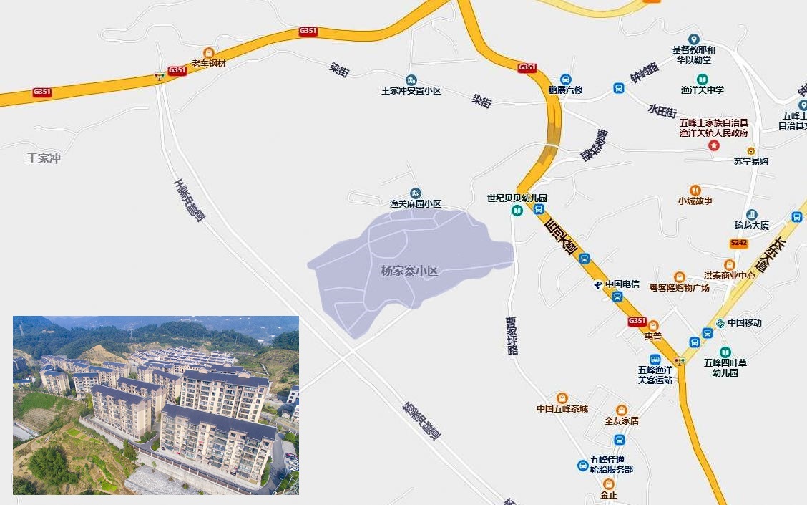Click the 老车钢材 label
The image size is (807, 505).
(x=208, y=63)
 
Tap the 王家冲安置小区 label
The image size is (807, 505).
(x=411, y=91)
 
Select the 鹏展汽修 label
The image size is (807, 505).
(x=565, y=90)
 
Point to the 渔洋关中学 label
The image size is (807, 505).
(x=702, y=90)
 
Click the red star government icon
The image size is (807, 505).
(x=713, y=145)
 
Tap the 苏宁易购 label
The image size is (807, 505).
(x=750, y=161)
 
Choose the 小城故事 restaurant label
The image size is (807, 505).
(x=695, y=201)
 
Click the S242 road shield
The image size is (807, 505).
(x=739, y=244)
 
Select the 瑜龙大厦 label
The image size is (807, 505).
(x=751, y=225)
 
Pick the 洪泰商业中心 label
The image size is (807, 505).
(x=729, y=275)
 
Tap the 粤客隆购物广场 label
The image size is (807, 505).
(x=679, y=287)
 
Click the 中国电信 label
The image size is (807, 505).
(x=621, y=284)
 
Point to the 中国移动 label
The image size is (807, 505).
(x=744, y=322)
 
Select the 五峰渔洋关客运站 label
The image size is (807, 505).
(x=655, y=375)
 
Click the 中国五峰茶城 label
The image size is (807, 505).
(x=562, y=408)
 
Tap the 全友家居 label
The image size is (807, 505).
(x=621, y=420)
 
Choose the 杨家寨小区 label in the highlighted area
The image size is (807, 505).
(x=409, y=271)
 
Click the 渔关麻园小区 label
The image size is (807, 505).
(x=415, y=203)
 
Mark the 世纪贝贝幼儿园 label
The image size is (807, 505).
(x=517, y=198)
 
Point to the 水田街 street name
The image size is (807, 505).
(x=662, y=111)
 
